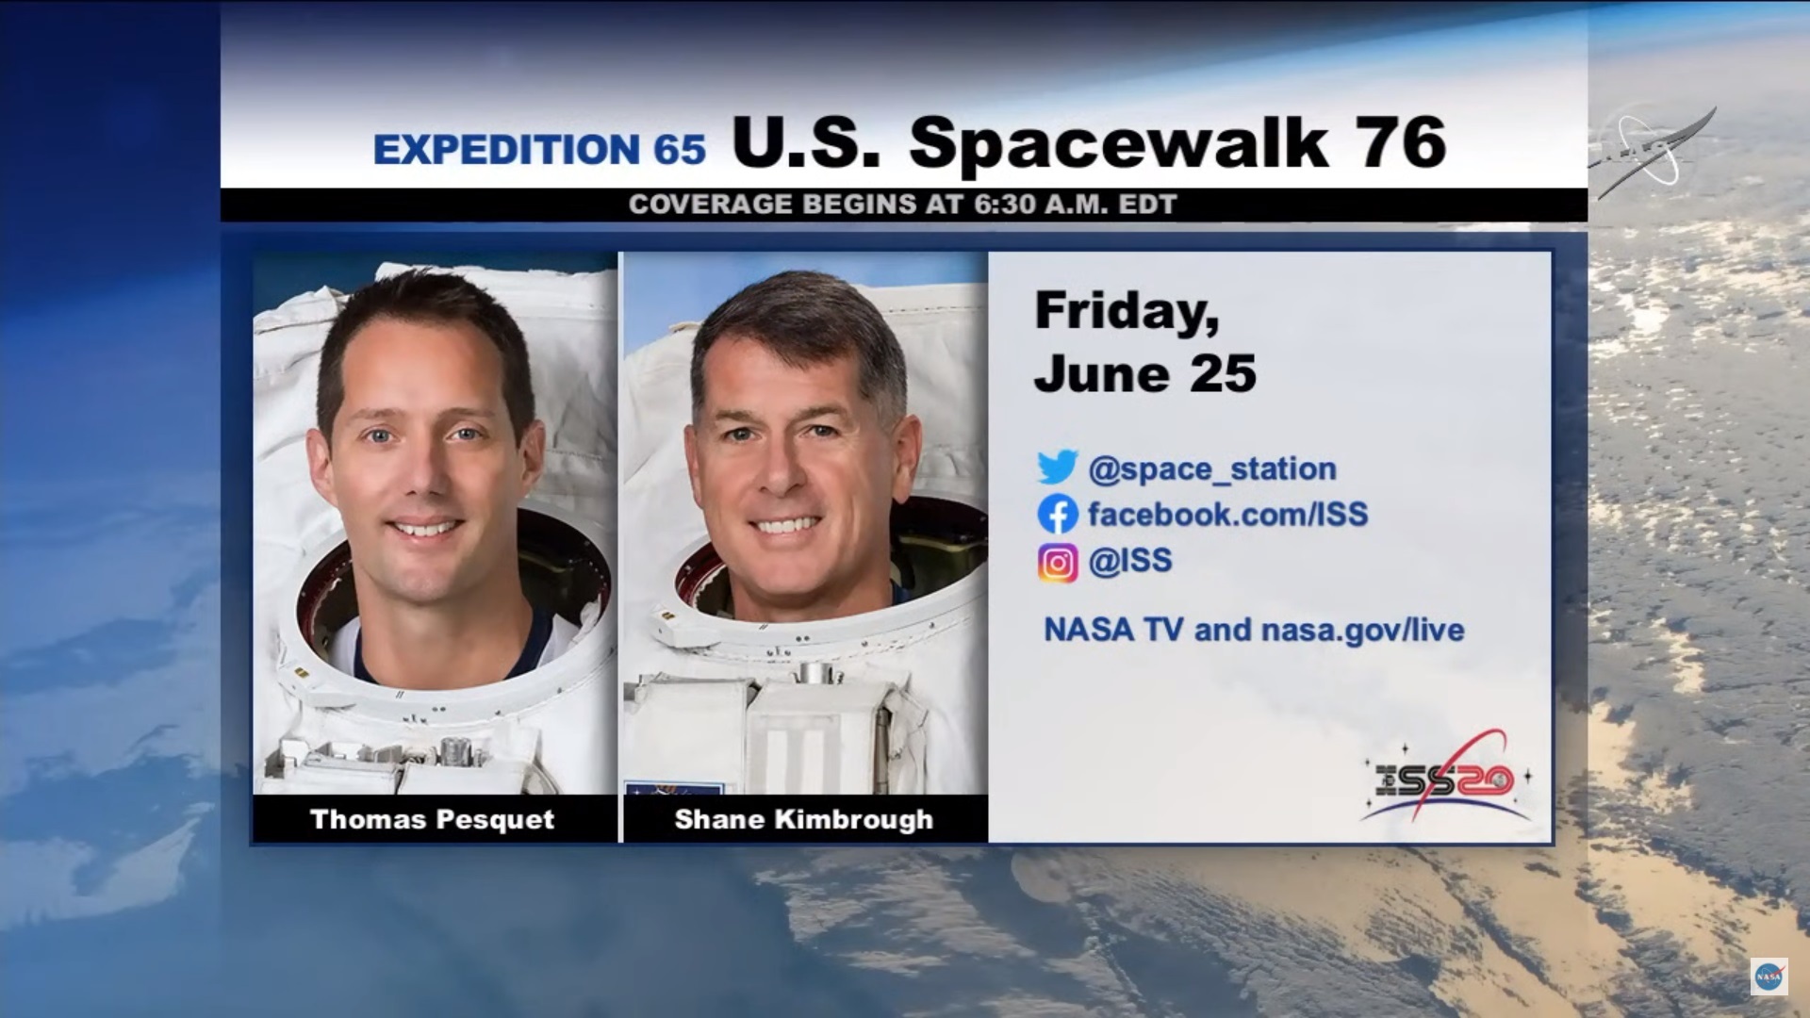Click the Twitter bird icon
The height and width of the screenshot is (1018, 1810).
pyautogui.click(x=1057, y=468)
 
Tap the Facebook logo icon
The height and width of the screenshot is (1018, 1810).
pyautogui.click(x=1057, y=514)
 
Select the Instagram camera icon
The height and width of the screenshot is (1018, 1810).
pyautogui.click(x=1058, y=563)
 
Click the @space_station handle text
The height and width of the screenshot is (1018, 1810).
pyautogui.click(x=1212, y=468)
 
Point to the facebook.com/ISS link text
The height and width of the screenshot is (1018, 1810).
pyautogui.click(x=1227, y=514)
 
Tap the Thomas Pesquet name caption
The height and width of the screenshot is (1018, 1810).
pyautogui.click(x=432, y=820)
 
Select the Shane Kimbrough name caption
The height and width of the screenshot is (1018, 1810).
pyautogui.click(x=803, y=820)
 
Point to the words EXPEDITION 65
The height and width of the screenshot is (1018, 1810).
pyautogui.click(x=539, y=149)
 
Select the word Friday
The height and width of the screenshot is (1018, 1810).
pyautogui.click(x=1127, y=311)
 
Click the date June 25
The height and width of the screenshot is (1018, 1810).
pyautogui.click(x=1145, y=373)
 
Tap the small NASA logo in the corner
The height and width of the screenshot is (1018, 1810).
pyautogui.click(x=1769, y=977)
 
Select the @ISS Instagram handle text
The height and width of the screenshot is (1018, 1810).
pyautogui.click(x=1129, y=561)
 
